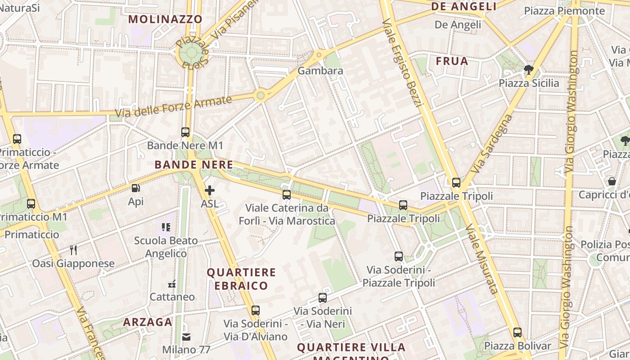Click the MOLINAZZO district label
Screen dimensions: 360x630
pyautogui.click(x=166, y=19)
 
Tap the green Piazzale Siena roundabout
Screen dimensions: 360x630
pyautogui.click(x=192, y=53)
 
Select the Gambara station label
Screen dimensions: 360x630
pyautogui.click(x=320, y=71)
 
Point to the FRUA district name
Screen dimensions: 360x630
pyautogui.click(x=452, y=61)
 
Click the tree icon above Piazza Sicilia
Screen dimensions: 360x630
pyautogui.click(x=529, y=70)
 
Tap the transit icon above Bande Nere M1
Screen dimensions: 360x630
pyautogui.click(x=185, y=132)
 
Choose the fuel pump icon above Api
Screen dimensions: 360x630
pyautogui.click(x=135, y=188)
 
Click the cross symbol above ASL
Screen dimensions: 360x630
pyautogui.click(x=210, y=190)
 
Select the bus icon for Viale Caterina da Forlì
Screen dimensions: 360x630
pyautogui.click(x=287, y=195)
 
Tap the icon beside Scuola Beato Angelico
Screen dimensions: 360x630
pyautogui.click(x=166, y=227)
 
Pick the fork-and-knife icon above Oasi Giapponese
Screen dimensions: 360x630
pyautogui.click(x=73, y=250)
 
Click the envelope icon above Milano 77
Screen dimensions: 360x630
pyautogui.click(x=186, y=337)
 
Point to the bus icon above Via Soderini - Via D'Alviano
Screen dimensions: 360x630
pyautogui.click(x=256, y=310)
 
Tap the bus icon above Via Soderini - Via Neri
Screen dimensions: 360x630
pyautogui.click(x=323, y=298)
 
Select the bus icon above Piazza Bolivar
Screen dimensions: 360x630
pyautogui.click(x=517, y=333)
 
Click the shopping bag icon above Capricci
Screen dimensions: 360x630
pyautogui.click(x=612, y=181)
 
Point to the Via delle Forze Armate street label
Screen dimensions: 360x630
pyautogui.click(x=173, y=107)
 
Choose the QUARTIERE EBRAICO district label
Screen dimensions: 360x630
pyautogui.click(x=241, y=279)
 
